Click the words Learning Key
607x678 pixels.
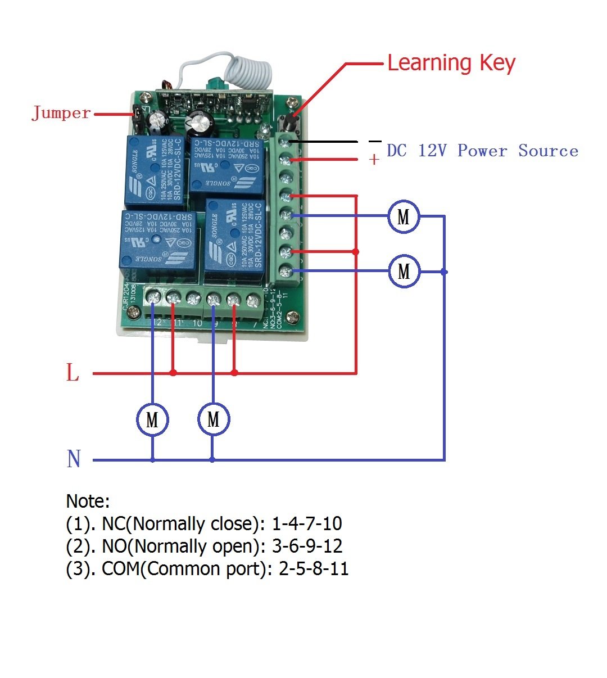click(451, 63)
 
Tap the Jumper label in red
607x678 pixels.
click(61, 113)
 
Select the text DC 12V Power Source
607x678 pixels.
click(482, 151)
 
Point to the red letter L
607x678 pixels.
click(73, 373)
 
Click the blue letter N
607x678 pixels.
click(74, 459)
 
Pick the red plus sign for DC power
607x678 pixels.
click(374, 160)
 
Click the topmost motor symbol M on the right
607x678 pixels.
click(404, 216)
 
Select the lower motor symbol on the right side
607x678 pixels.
click(404, 272)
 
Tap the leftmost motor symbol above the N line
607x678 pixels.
click(152, 419)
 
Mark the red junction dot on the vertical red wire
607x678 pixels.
click(356, 252)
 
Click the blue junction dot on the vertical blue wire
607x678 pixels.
click(445, 272)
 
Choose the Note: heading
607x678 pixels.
click(88, 501)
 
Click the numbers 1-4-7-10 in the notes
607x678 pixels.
click(307, 524)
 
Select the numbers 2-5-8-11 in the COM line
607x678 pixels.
click(314, 569)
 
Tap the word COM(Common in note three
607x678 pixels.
click(144, 569)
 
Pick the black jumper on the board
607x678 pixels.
click(136, 115)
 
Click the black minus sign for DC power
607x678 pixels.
click(375, 141)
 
